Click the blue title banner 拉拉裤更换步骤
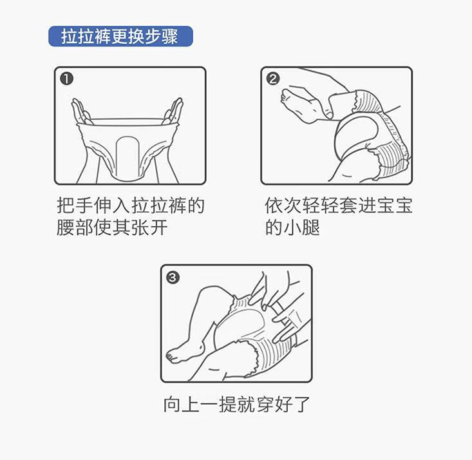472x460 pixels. [x=120, y=37]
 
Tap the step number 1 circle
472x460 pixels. [x=66, y=79]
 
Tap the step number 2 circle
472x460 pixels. [x=273, y=79]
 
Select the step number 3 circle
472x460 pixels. [x=173, y=277]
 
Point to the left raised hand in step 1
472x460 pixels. [x=80, y=111]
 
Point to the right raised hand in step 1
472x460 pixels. [x=173, y=111]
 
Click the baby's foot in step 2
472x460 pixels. [x=298, y=104]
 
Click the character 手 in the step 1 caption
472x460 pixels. [x=84, y=206]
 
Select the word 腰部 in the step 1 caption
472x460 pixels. [x=75, y=227]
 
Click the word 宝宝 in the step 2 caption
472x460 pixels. [x=394, y=206]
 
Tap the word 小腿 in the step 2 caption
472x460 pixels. [x=301, y=227]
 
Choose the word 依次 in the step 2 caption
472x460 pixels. [x=283, y=206]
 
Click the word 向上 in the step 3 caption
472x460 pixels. [x=182, y=404]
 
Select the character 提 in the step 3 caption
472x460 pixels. [x=227, y=404]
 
